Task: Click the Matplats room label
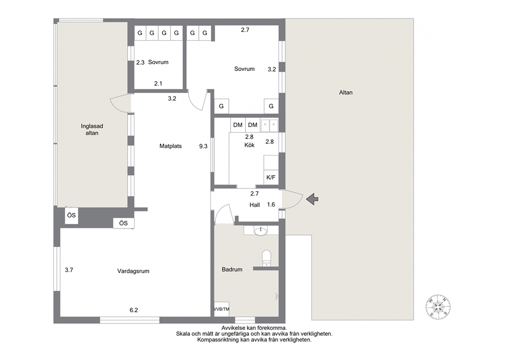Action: tap(170, 146)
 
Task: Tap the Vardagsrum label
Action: tap(133, 271)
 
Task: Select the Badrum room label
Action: tap(232, 269)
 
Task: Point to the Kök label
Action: tap(249, 145)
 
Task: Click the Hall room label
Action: tap(254, 205)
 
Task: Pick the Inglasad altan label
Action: tap(92, 129)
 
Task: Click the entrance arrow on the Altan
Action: tap(312, 199)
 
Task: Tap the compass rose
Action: tap(438, 307)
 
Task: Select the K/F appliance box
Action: tap(271, 177)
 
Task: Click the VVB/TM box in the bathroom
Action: tap(221, 309)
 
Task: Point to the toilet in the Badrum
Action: tap(266, 258)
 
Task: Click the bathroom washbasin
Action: tap(261, 231)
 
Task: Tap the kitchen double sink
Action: tap(269, 126)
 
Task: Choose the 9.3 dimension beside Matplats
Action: tap(203, 146)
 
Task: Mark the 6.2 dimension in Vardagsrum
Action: tap(134, 310)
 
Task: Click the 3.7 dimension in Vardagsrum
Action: tap(69, 270)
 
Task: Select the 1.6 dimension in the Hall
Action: tap(271, 204)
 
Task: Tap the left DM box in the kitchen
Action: tap(238, 125)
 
